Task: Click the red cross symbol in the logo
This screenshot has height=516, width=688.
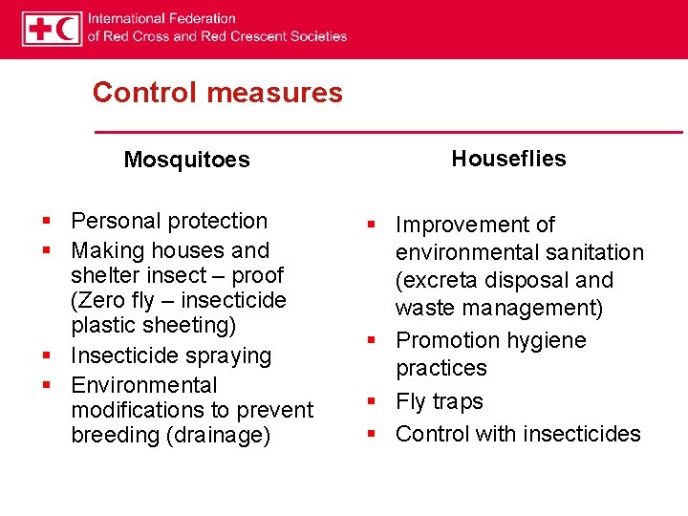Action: point(40,29)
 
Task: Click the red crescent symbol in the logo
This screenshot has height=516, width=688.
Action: point(68,29)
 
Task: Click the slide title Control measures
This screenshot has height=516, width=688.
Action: point(217,93)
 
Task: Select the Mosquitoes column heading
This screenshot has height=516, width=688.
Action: point(186,160)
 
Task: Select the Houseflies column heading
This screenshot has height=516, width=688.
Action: point(508,159)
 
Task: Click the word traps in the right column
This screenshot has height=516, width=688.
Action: point(458,401)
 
